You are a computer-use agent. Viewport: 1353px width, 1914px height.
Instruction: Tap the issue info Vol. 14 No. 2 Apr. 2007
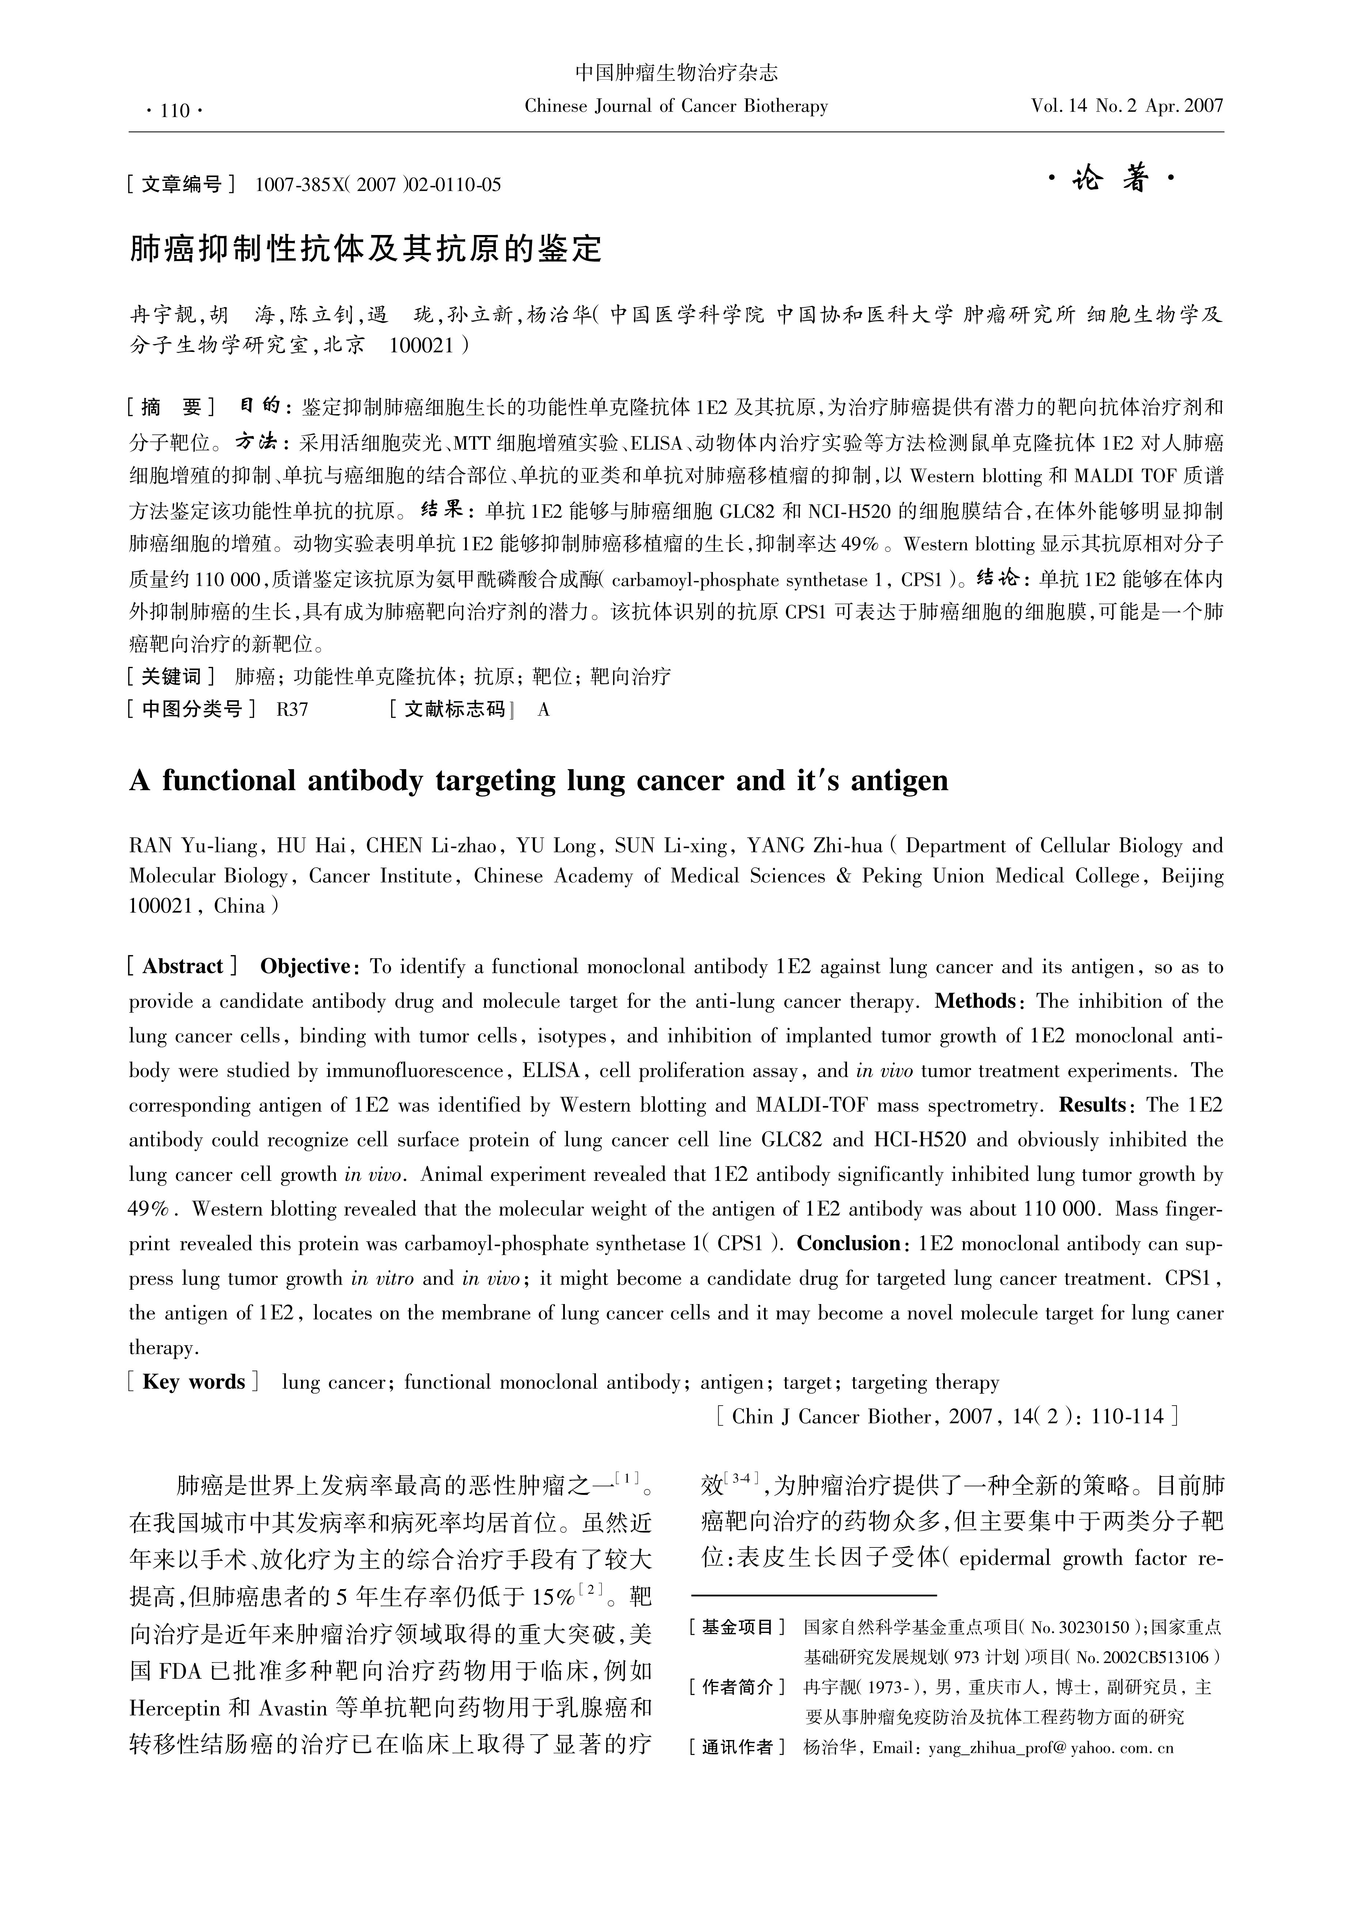tap(1126, 106)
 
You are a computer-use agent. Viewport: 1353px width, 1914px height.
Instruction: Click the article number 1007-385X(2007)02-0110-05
tap(378, 184)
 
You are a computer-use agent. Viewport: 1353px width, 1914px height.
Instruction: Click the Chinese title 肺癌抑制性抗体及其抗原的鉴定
tap(365, 249)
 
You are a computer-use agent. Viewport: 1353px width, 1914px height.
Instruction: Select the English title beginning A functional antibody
tap(539, 780)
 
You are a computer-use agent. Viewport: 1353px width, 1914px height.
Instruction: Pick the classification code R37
tap(293, 709)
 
